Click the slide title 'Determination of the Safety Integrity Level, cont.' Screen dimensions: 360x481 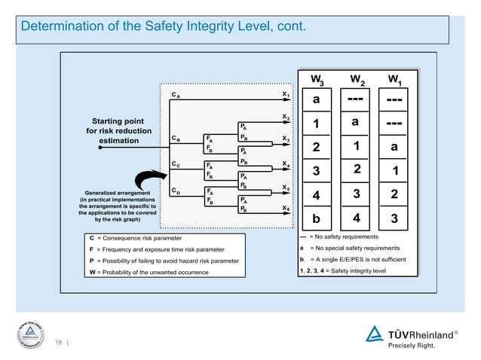click(x=163, y=28)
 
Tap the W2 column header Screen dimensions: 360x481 click(x=357, y=78)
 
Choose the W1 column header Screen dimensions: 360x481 click(x=394, y=78)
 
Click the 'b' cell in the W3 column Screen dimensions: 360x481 click(x=317, y=220)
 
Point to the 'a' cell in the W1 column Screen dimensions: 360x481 click(x=394, y=148)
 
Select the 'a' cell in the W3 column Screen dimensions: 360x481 click(x=317, y=99)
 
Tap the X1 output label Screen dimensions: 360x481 click(x=286, y=95)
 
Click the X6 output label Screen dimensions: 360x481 click(x=286, y=208)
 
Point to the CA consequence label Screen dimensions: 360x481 click(x=176, y=96)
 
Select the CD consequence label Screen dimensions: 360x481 click(x=176, y=191)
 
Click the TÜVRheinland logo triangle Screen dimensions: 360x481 click(x=375, y=334)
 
